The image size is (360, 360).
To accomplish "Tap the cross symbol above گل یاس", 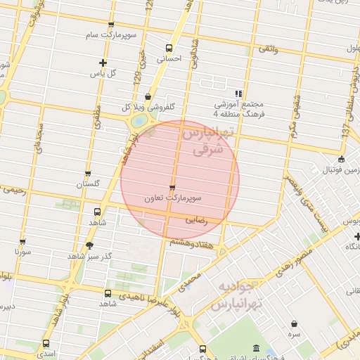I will pyautogui.click(x=103, y=63).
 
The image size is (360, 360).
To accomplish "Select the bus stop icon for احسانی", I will pyautogui.click(x=168, y=49).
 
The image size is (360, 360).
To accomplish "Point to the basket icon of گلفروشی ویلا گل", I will pyautogui.click(x=148, y=97).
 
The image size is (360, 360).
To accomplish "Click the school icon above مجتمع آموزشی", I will pyautogui.click(x=239, y=93).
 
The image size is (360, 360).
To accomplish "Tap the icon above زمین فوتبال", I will pyautogui.click(x=342, y=159).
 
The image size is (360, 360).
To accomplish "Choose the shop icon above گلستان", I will pyautogui.click(x=88, y=174).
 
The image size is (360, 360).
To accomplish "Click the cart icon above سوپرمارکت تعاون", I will pyautogui.click(x=172, y=187).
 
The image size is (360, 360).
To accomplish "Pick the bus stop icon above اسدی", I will pyautogui.click(x=46, y=344).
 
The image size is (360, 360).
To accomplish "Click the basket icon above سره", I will pyautogui.click(x=292, y=323).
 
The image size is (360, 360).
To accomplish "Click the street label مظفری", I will pyautogui.click(x=96, y=116).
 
